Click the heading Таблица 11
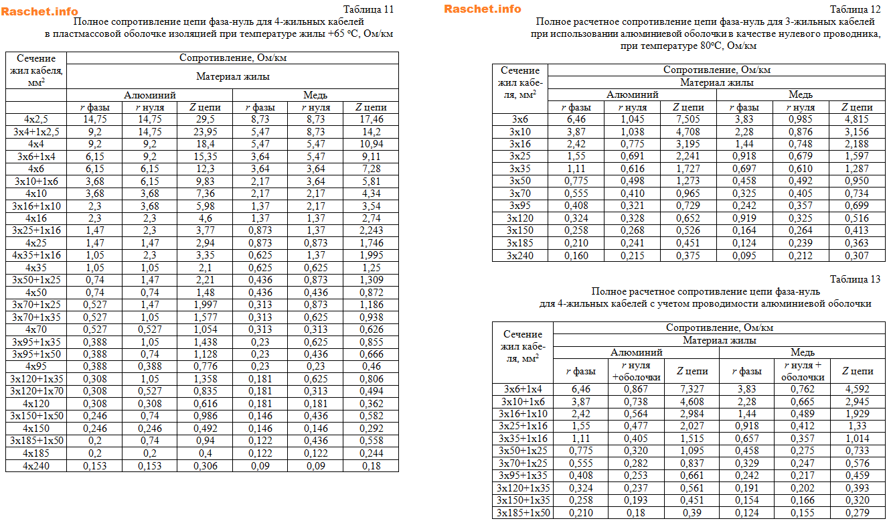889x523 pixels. point(368,9)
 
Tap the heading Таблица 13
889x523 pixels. point(855,279)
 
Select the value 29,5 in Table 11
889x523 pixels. point(205,119)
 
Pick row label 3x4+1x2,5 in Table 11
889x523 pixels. point(36,132)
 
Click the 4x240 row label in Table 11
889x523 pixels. point(36,466)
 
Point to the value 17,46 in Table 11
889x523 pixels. point(371,119)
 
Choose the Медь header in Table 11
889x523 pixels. point(315,95)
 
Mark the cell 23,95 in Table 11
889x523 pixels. point(205,132)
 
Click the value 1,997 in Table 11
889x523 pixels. point(205,305)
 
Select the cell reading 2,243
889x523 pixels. point(371,231)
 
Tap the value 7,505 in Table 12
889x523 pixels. point(688,119)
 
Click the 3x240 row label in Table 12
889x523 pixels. point(519,255)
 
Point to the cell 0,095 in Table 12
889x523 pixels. point(745,255)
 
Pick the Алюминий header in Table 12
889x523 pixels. point(632,95)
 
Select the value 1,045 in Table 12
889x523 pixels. point(632,119)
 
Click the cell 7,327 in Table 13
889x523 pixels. point(689,389)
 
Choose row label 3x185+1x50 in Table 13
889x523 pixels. point(523,513)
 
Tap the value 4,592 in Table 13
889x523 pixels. point(857,389)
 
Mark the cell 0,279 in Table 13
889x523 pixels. point(857,513)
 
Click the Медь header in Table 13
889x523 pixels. point(802,352)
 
